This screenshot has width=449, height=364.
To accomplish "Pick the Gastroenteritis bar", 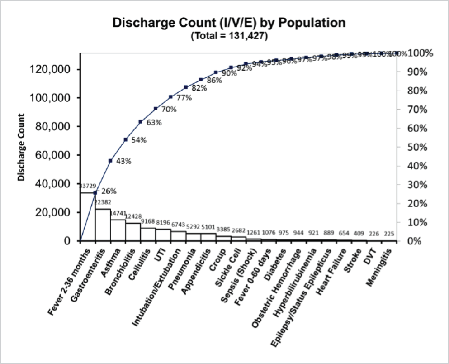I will (x=103, y=225).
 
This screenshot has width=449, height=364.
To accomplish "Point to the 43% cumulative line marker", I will (x=110, y=161).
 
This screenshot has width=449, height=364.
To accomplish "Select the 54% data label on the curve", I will (x=139, y=140).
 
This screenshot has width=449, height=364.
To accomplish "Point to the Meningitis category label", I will (x=381, y=267).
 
